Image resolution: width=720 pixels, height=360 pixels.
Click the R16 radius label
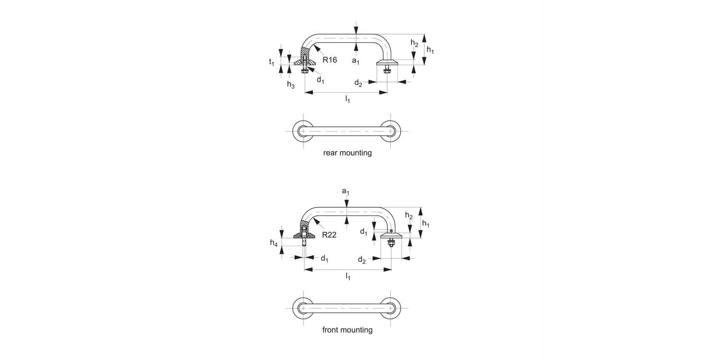330,60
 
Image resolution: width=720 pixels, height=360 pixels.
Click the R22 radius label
329,235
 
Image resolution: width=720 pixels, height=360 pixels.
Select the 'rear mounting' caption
348,153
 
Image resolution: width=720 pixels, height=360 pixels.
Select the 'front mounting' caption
348,330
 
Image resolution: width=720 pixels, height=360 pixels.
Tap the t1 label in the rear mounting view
272,62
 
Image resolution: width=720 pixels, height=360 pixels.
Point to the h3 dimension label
290,84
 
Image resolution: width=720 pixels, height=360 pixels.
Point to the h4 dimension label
274,243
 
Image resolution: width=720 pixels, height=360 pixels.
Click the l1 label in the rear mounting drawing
348,99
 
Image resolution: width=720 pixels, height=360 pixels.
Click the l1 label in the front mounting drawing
348,276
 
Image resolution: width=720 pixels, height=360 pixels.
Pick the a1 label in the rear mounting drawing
356,61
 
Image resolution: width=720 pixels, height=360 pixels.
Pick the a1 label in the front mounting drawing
346,192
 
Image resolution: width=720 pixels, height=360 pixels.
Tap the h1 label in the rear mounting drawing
430,50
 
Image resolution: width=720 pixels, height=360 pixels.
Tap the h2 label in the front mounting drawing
408,216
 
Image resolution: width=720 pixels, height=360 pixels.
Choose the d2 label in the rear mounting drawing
358,83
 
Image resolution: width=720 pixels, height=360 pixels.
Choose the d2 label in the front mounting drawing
362,260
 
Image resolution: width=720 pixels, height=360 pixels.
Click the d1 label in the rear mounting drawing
321,80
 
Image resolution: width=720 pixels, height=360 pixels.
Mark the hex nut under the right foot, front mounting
391,244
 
